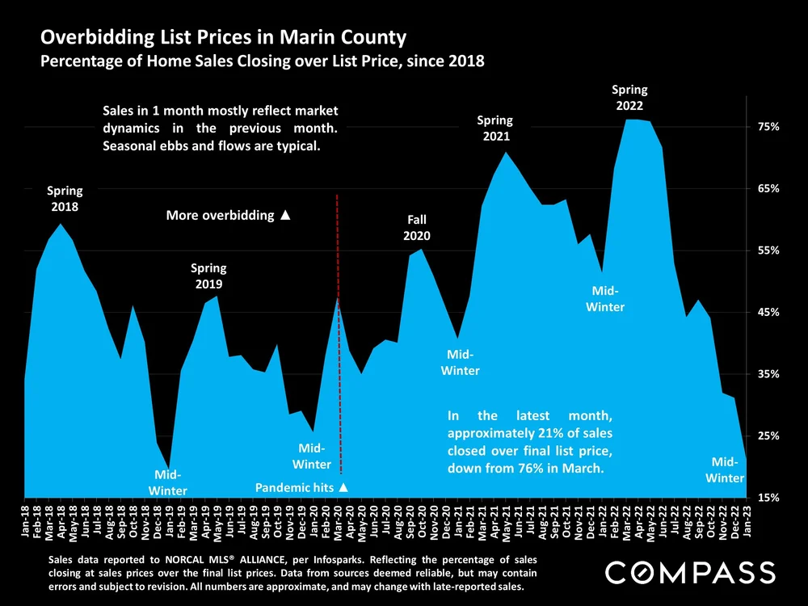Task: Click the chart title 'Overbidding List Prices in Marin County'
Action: pos(223,38)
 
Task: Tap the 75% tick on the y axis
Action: pos(768,128)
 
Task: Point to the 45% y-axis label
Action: pos(768,313)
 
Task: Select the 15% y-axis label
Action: pos(768,498)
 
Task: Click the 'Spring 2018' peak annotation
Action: pos(65,199)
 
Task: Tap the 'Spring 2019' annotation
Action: pos(208,276)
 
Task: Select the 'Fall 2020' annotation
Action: pos(417,228)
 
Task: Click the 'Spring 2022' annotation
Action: pos(629,98)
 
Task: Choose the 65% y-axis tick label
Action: pos(768,189)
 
